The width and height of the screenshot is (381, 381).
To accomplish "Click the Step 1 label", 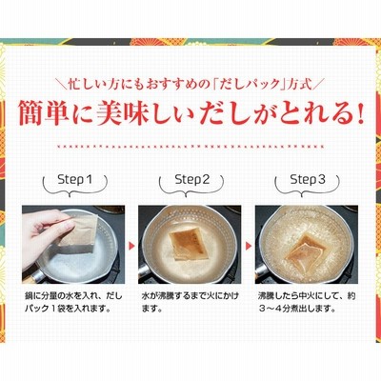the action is [x=75, y=180].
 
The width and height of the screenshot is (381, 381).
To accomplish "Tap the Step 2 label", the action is [x=192, y=180].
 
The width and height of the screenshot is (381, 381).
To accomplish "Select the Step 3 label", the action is [x=308, y=180].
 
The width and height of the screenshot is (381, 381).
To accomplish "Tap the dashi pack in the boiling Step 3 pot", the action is [x=306, y=248].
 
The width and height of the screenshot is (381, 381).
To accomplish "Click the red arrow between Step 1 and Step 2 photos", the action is [x=131, y=246].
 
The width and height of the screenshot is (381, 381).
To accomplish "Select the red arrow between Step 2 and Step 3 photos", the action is [x=249, y=246].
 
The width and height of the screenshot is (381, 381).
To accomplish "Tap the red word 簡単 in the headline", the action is [x=44, y=113].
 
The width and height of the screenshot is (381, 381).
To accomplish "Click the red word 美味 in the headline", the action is [x=122, y=113].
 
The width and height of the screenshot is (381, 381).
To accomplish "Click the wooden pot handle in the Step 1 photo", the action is [x=30, y=278].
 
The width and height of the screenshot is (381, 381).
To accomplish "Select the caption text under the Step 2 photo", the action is [x=190, y=302].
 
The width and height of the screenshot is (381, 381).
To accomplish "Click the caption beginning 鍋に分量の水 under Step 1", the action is [x=73, y=302].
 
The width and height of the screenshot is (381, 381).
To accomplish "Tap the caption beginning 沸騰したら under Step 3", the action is [x=307, y=302].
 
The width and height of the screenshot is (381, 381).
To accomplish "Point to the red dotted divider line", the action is [x=190, y=147].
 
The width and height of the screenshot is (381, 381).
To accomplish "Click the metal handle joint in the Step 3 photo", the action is [x=262, y=271].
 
